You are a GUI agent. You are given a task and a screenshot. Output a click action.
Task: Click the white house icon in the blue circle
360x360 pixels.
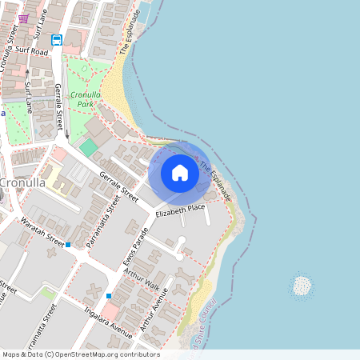click(x=179, y=173)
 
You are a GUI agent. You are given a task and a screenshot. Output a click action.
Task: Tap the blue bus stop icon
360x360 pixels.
click(x=57, y=39)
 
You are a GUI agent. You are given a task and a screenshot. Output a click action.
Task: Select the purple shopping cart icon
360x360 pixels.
click(x=23, y=18)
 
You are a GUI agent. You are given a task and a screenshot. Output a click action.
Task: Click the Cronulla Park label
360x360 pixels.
click(x=85, y=99)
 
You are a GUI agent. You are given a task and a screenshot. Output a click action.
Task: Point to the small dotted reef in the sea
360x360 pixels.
click(x=302, y=286)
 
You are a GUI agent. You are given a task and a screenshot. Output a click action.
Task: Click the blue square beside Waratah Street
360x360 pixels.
click(x=68, y=245)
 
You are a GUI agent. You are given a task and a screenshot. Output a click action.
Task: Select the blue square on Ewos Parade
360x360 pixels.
click(x=108, y=296)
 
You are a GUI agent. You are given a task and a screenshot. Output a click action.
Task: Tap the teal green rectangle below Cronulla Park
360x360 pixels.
click(x=88, y=147)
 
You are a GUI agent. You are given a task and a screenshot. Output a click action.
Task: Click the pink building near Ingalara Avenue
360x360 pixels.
click(x=110, y=310)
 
